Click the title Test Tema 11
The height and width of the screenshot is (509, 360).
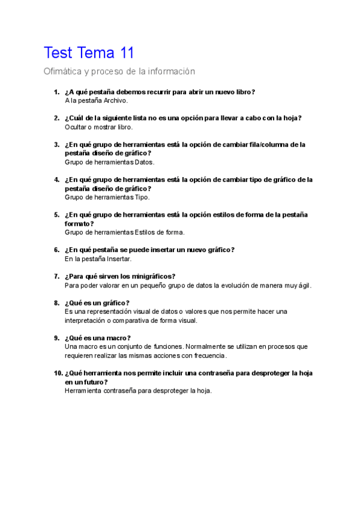pyautogui.click(x=89, y=53)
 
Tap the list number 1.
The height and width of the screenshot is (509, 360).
pyautogui.click(x=56, y=92)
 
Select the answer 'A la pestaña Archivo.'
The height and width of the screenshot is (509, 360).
pyautogui.click(x=96, y=101)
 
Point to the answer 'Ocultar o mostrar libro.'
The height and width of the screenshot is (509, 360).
pyautogui.click(x=98, y=127)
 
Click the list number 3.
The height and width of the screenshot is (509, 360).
pyautogui.click(x=56, y=145)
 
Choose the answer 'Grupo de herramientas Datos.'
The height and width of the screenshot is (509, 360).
pyautogui.click(x=109, y=162)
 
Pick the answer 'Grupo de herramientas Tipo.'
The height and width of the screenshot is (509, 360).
pyautogui.click(x=107, y=197)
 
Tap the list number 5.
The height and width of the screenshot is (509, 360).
pyautogui.click(x=56, y=215)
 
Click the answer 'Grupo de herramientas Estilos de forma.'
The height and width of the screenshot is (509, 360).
pyautogui.click(x=124, y=232)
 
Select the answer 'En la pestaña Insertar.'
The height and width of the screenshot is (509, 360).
pyautogui.click(x=97, y=259)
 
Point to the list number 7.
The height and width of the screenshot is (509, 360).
pyautogui.click(x=56, y=277)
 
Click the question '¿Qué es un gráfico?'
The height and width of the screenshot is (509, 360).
pyautogui.click(x=97, y=303)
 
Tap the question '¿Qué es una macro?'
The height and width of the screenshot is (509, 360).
pyautogui.click(x=97, y=338)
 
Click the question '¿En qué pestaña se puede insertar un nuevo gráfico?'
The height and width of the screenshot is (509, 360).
pyautogui.click(x=149, y=250)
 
